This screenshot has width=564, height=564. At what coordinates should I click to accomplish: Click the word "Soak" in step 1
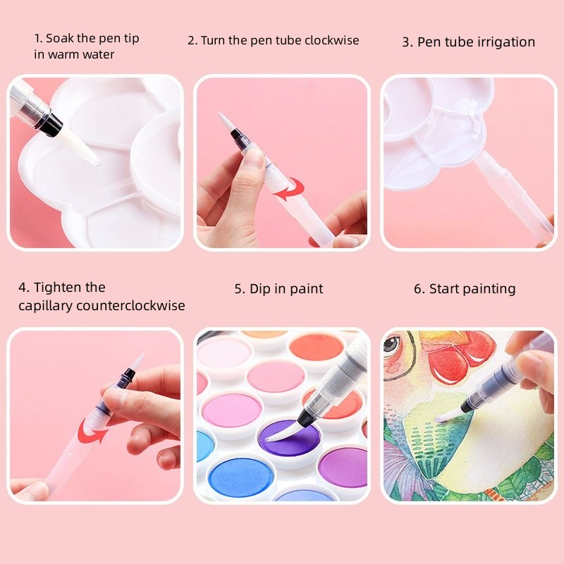click(60, 38)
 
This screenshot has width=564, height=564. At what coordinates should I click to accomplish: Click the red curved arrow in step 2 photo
click(290, 190)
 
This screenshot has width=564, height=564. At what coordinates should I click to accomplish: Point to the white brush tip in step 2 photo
click(225, 121)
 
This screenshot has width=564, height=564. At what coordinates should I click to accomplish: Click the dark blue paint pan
click(241, 474)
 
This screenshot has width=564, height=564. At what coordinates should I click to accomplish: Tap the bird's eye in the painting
click(391, 344)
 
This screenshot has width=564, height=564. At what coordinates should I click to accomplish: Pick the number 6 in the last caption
click(418, 289)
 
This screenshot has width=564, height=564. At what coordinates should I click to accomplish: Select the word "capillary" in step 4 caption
click(45, 306)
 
